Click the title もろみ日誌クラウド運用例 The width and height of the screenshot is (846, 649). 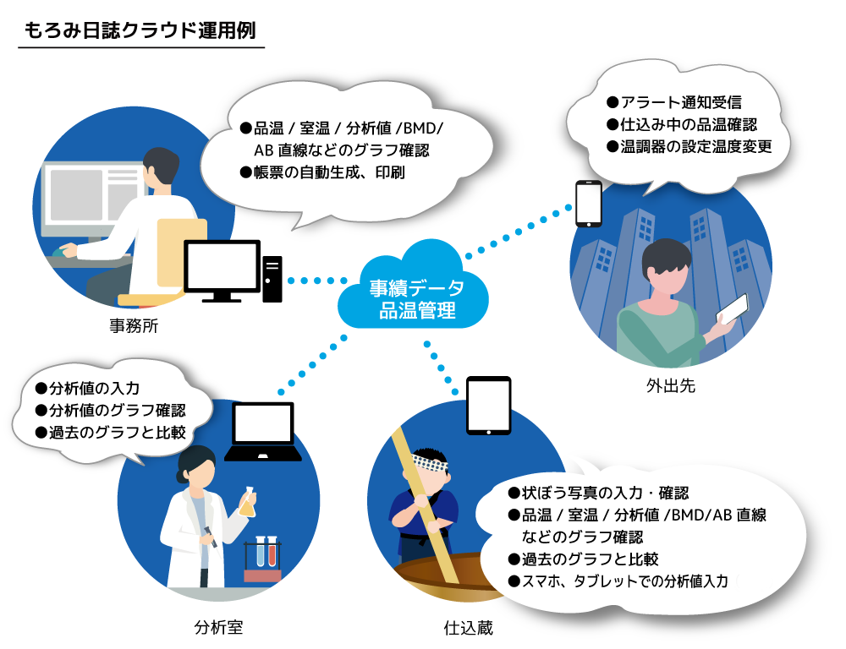(140, 30)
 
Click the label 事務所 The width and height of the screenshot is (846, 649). (134, 325)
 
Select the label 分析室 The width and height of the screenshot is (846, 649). (218, 627)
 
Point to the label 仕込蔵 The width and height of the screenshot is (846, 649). (469, 627)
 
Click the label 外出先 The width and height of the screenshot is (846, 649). (671, 385)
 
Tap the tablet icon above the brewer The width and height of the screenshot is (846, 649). (489, 406)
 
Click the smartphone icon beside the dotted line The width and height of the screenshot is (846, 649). (589, 204)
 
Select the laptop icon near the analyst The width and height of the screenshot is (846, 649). (263, 432)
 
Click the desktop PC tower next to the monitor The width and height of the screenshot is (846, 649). (272, 279)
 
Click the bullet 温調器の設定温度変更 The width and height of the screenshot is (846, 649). (689, 146)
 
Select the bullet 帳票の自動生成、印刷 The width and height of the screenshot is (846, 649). (322, 172)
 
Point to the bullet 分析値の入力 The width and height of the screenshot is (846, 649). (87, 388)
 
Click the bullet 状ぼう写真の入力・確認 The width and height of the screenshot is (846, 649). (598, 493)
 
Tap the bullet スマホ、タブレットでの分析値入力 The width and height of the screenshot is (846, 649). (618, 581)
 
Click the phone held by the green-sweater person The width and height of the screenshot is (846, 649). (732, 309)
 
